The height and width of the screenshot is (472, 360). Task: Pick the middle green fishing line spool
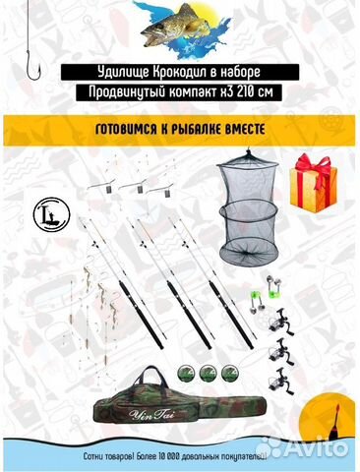tap(208, 372)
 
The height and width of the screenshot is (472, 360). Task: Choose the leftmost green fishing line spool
tap(186, 372)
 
